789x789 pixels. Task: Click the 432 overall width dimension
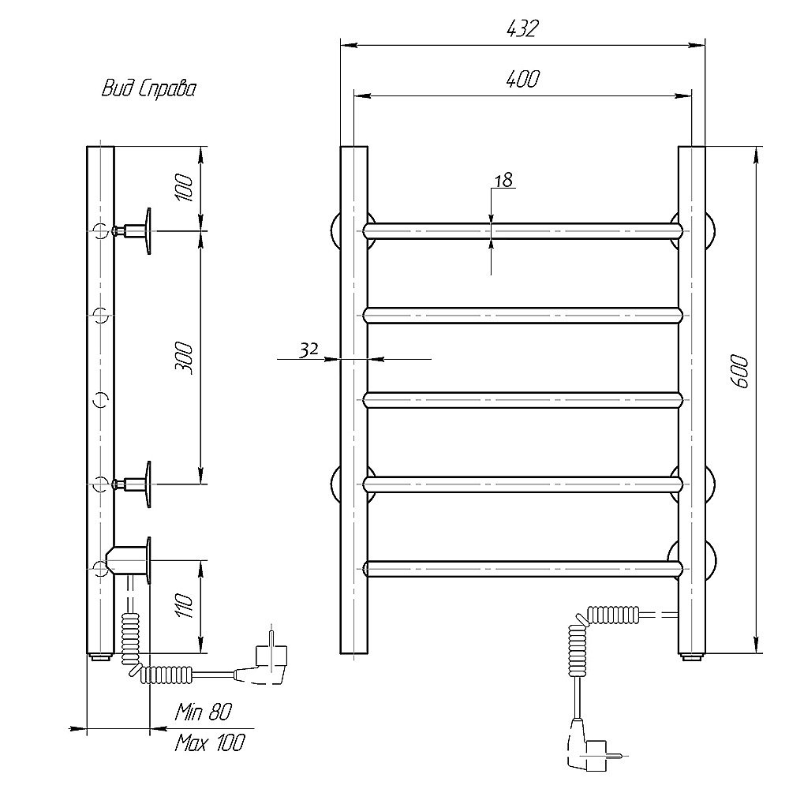click(522, 28)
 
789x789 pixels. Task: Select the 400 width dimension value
click(522, 79)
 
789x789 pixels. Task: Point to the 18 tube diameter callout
click(503, 180)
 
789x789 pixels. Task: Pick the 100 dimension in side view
click(184, 188)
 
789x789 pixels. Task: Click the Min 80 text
click(203, 712)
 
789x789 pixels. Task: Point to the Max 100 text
click(209, 742)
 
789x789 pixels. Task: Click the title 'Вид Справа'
click(148, 88)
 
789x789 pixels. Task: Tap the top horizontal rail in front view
click(522, 230)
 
